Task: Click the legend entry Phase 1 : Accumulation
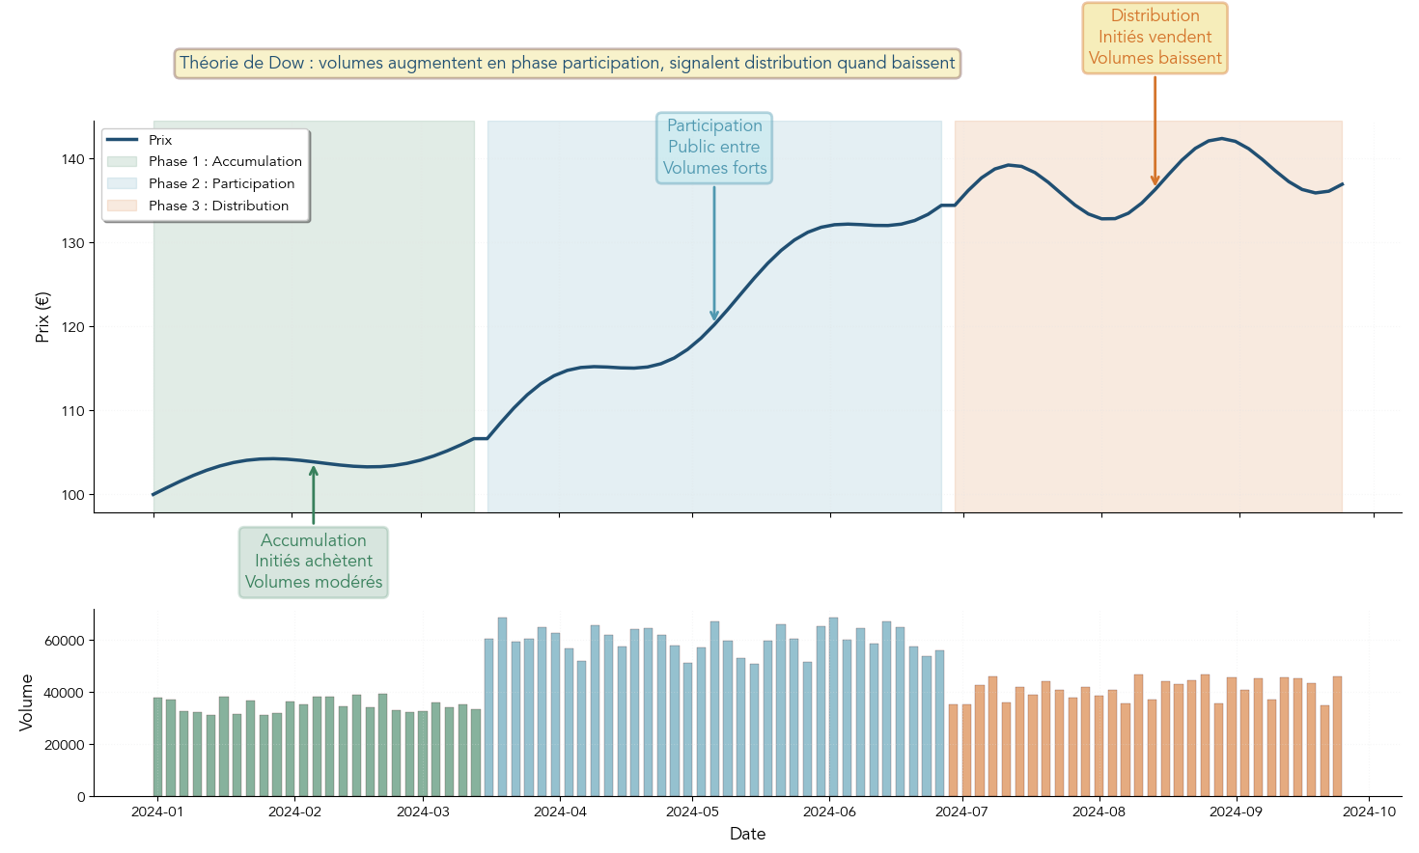(224, 162)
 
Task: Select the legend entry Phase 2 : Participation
(221, 184)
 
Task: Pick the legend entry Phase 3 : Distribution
(218, 206)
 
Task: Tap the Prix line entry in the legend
(159, 141)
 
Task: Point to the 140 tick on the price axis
(73, 159)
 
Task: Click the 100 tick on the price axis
(73, 495)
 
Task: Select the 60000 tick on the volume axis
(66, 641)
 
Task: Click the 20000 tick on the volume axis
(66, 745)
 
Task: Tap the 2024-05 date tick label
(692, 812)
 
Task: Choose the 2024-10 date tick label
(1369, 812)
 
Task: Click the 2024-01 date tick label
(157, 812)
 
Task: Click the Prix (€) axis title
(42, 317)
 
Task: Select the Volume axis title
(26, 702)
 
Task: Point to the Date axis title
(747, 835)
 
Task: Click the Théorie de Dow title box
(567, 64)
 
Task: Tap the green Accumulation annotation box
(314, 562)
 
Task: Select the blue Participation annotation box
(714, 148)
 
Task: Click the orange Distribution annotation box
(1155, 38)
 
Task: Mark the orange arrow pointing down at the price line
(1155, 130)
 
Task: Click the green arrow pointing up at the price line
(314, 494)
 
